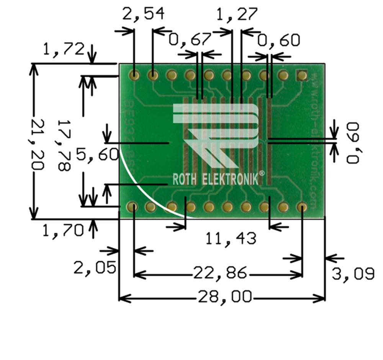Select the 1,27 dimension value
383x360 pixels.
tap(236, 14)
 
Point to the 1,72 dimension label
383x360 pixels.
tap(64, 49)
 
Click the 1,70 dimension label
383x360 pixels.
tap(63, 231)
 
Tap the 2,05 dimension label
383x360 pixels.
tap(95, 268)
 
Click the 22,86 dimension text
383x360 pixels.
tap(220, 274)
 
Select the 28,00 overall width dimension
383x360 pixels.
tap(225, 296)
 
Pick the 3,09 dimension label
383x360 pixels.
tap(353, 274)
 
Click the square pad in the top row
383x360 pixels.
tap(302, 75)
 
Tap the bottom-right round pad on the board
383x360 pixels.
tap(301, 207)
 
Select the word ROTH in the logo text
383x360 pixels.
tap(185, 179)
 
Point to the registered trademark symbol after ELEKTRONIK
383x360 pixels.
tap(262, 173)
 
